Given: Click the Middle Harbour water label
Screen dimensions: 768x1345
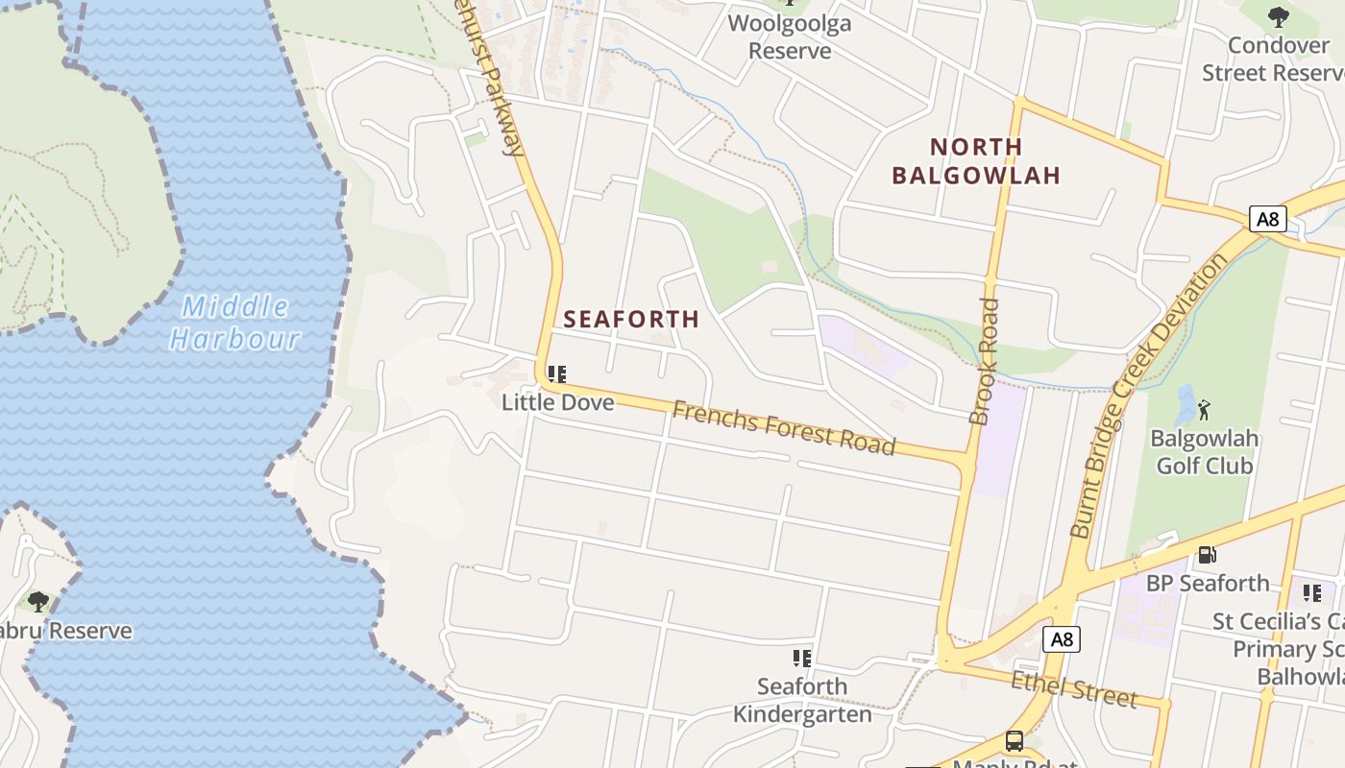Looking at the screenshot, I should click(x=235, y=323).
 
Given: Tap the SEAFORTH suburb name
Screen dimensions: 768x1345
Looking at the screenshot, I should click(x=631, y=320).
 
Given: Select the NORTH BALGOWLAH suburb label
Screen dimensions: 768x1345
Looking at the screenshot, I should click(x=976, y=161).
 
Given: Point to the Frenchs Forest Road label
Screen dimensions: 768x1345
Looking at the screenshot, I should click(x=783, y=428).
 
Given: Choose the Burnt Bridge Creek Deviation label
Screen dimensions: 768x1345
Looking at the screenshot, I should click(x=1149, y=395).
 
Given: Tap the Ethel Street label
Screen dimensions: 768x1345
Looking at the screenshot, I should click(x=1073, y=688).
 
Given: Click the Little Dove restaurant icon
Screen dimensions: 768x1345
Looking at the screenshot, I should click(x=557, y=374).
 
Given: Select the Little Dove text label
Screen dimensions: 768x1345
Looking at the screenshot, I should click(x=557, y=402).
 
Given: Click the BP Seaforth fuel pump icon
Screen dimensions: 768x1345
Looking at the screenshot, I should click(x=1207, y=555).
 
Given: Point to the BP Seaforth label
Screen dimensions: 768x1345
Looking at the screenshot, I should click(x=1208, y=583).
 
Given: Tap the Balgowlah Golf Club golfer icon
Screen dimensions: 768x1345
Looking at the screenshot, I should click(x=1204, y=410).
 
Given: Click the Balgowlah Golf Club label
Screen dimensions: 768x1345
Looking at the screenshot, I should click(x=1204, y=452).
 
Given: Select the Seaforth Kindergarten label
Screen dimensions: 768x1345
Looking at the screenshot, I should click(x=802, y=700).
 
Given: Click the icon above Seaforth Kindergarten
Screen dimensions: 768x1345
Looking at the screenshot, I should click(x=802, y=659).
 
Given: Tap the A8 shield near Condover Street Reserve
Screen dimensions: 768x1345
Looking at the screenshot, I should click(x=1268, y=219).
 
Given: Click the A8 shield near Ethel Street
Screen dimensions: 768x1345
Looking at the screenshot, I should click(x=1061, y=639).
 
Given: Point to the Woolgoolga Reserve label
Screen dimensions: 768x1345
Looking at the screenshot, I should click(x=790, y=36).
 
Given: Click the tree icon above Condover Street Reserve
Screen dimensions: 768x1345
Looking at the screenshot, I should click(x=1278, y=16).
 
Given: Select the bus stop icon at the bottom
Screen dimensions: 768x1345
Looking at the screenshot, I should click(x=1014, y=741).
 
